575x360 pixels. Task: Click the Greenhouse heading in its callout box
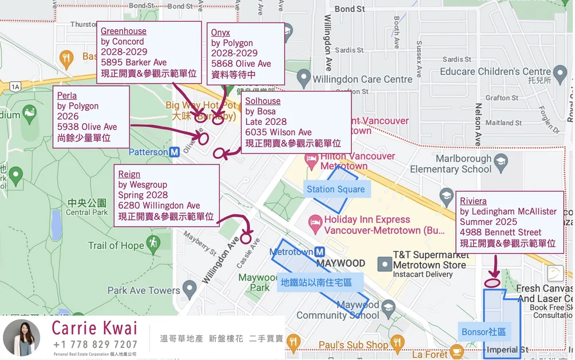coord(124,31)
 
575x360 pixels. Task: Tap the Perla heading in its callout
coord(67,95)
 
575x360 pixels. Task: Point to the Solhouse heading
coord(263,101)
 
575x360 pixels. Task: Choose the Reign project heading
coord(129,174)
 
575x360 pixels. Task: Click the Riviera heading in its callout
coord(473,201)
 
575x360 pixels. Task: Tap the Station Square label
coord(336,189)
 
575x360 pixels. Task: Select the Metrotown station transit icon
coord(320,252)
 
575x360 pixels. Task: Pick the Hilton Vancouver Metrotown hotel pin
coord(312,160)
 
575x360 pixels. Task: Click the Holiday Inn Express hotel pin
coord(316,221)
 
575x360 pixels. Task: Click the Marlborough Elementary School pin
coord(501,162)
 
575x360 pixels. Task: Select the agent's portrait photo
coord(22,338)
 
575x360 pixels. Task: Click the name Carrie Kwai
coord(95,328)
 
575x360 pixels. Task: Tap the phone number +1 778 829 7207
coord(95,345)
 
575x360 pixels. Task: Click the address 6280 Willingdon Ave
coord(159,206)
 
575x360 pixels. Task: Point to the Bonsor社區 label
coord(484,332)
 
